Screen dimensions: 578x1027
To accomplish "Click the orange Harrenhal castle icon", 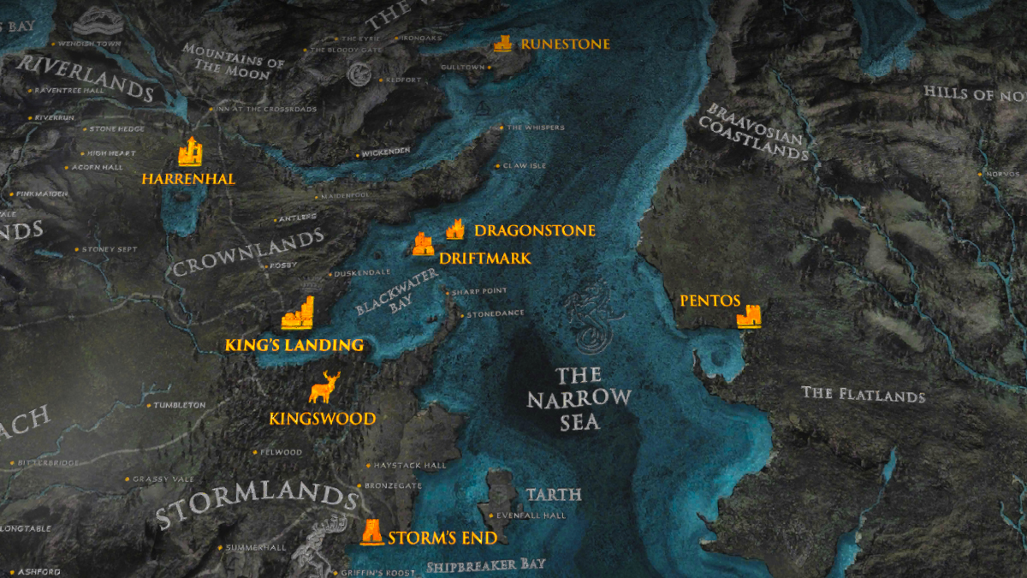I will [190, 152].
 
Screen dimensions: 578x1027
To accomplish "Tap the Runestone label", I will [565, 44].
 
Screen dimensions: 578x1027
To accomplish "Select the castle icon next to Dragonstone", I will [455, 229].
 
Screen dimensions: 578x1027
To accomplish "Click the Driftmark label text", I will [484, 258].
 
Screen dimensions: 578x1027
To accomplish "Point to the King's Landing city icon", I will [299, 314].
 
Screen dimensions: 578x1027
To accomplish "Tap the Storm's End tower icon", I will [372, 532].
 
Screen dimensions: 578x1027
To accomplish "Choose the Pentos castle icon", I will [749, 315].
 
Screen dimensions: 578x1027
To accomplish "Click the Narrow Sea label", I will [579, 398].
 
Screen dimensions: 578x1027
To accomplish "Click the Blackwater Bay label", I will [395, 292].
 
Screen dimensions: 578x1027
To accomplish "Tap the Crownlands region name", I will [248, 253].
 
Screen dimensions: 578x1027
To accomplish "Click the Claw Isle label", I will [524, 165].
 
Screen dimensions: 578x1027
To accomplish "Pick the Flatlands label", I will [863, 394].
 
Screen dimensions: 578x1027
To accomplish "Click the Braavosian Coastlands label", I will [753, 133].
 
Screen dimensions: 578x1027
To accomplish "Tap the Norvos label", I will [1001, 173].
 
